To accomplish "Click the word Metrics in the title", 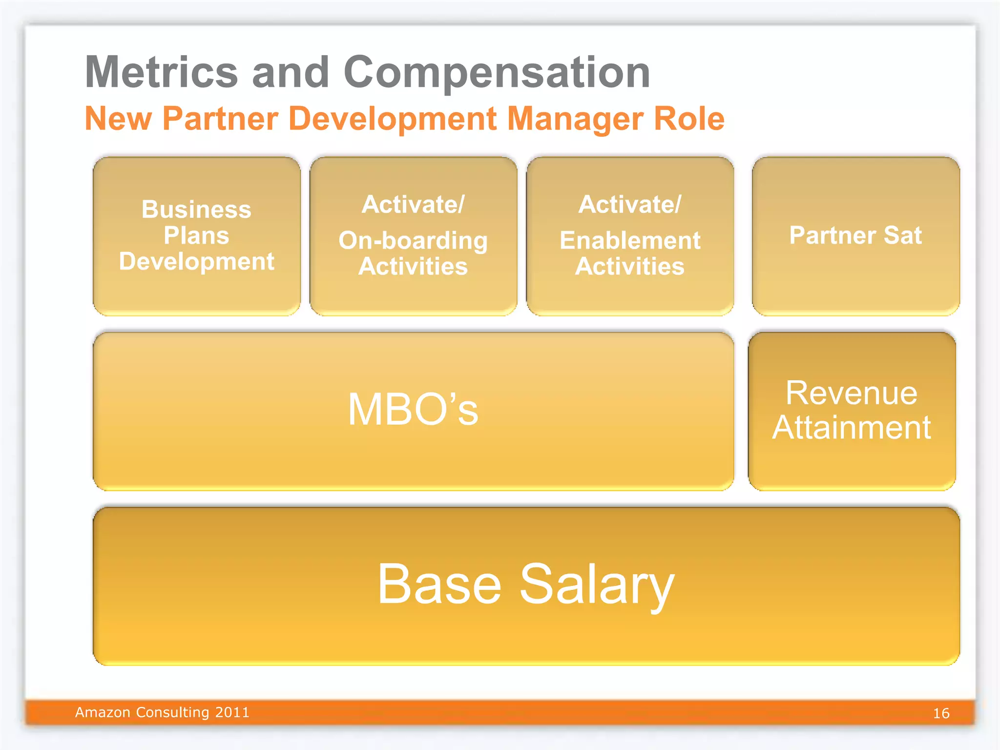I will point(162,72).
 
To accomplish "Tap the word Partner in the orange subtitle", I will point(220,119).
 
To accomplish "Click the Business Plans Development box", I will point(196,236).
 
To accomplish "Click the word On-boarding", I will point(413,240).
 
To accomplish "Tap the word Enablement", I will point(630,240).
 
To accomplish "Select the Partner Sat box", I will point(855,236).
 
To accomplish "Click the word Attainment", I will point(851,427).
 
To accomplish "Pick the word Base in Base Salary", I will point(439,584).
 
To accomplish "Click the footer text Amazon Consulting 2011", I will point(162,712).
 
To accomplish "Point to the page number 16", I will point(941,713).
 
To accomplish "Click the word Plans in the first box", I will point(196,235).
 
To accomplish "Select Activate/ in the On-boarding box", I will point(413,204).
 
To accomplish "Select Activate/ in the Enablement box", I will point(630,204).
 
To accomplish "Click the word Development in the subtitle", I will point(393,119).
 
